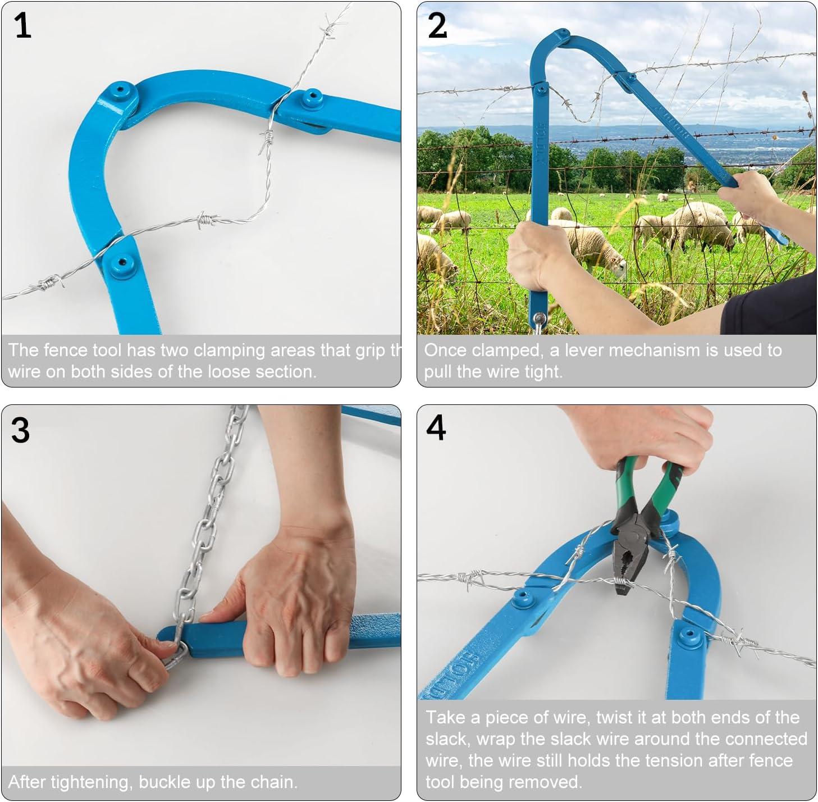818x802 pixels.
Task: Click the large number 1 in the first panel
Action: [x=22, y=26]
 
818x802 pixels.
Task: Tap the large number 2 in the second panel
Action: [x=437, y=26]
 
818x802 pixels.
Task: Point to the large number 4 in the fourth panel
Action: [x=436, y=428]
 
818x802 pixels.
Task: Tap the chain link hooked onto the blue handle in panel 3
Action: [x=174, y=652]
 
